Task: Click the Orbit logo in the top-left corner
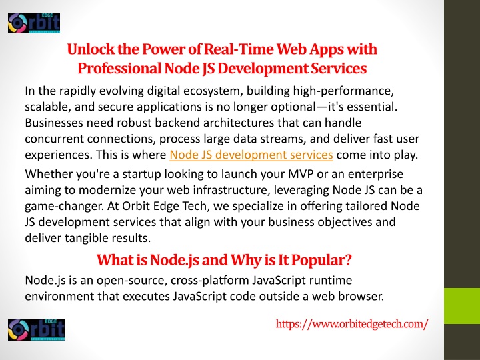34,23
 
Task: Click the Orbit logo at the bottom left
37,330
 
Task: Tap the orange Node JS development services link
251,155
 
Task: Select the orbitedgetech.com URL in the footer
352,323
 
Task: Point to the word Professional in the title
119,68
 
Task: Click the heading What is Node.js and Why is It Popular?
224,260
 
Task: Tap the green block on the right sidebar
462,306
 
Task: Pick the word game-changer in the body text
64,206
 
